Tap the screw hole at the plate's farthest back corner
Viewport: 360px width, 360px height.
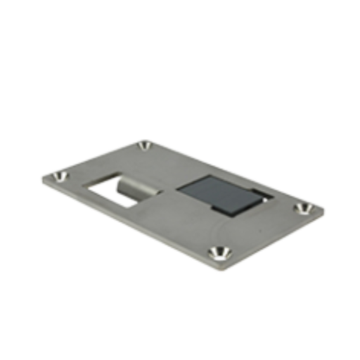[145, 146]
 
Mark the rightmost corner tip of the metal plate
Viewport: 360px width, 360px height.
[326, 208]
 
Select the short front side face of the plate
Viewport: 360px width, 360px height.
[278, 239]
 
